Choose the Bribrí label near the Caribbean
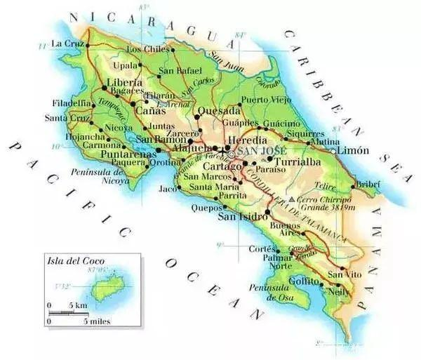click(368, 183)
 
